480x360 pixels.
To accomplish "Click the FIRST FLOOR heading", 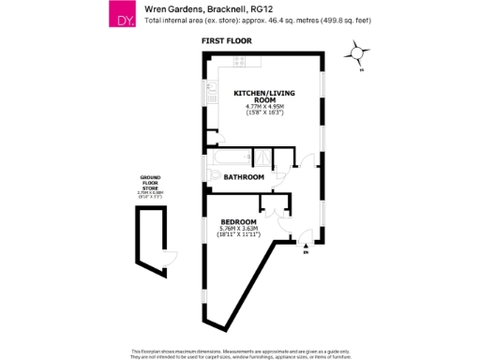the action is (x=225, y=42).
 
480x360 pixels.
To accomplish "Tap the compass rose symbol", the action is (x=357, y=53).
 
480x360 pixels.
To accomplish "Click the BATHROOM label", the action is (x=244, y=176).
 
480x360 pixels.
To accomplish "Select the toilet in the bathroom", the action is (x=216, y=176).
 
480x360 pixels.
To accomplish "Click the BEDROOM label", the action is (x=238, y=221).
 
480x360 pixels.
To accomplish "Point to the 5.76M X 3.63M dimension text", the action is (x=238, y=229).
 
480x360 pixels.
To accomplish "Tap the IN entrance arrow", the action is (x=307, y=248).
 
